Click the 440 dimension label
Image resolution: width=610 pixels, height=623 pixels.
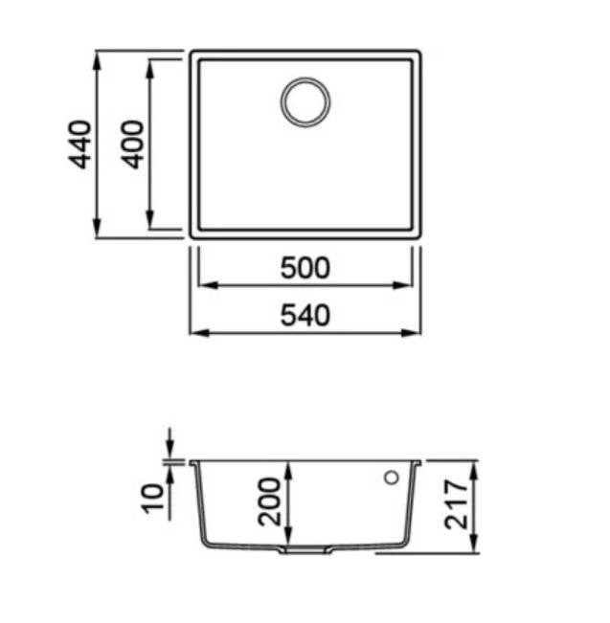[x=79, y=145]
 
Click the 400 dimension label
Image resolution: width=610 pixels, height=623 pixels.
[x=132, y=145]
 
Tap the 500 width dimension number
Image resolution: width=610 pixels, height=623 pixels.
[x=305, y=268]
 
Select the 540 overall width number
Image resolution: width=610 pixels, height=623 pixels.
[x=305, y=316]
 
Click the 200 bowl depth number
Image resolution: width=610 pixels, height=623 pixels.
[x=269, y=502]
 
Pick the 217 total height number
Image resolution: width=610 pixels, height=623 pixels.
[x=456, y=504]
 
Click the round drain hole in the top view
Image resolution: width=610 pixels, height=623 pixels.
[x=305, y=101]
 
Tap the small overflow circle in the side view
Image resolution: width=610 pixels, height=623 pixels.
[x=392, y=478]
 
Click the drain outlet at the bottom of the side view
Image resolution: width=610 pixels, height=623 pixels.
[x=305, y=550]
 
